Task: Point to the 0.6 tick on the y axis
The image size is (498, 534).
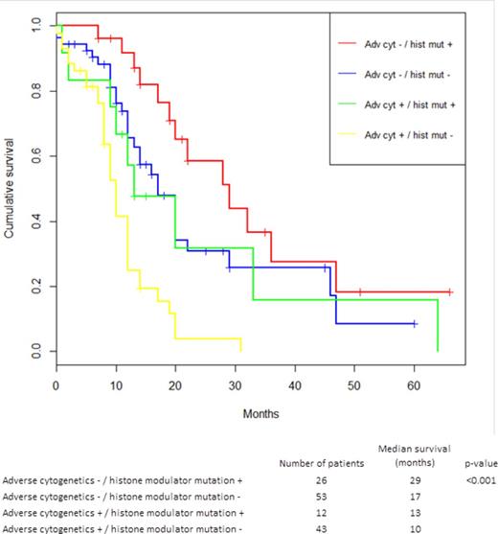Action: tap(46, 156)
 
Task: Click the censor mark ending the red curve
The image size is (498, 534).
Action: tap(449, 291)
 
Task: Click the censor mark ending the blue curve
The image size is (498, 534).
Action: tap(414, 324)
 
